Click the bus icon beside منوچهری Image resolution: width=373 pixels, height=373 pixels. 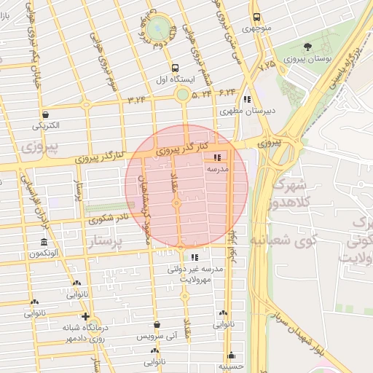click(x=256, y=17)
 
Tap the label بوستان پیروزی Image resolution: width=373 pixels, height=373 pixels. click(x=308, y=58)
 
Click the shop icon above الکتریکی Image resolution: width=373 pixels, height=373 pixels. click(x=46, y=114)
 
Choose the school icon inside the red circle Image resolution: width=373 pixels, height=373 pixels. click(x=216, y=157)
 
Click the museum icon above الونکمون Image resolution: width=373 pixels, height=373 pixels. click(x=44, y=242)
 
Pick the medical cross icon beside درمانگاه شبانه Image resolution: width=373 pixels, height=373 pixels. click(x=86, y=316)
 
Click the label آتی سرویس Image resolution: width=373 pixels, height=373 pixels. click(x=156, y=337)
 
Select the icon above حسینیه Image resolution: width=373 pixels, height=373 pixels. click(x=232, y=356)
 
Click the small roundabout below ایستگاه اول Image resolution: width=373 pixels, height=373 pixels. click(x=182, y=94)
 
